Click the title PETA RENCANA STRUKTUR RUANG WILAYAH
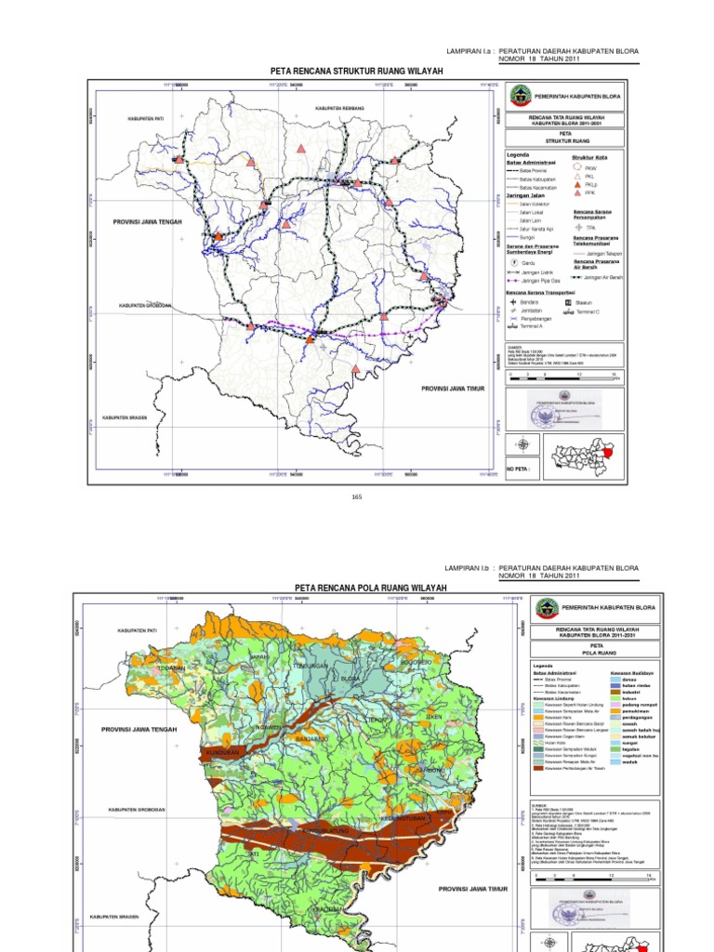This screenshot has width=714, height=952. pyautogui.click(x=356, y=71)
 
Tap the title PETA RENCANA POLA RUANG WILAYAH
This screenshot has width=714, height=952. pyautogui.click(x=358, y=588)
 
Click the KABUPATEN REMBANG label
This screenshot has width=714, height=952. pyautogui.click(x=337, y=109)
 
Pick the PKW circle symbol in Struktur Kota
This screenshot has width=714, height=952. pyautogui.click(x=577, y=167)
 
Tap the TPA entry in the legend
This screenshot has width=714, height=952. pyautogui.click(x=588, y=226)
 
